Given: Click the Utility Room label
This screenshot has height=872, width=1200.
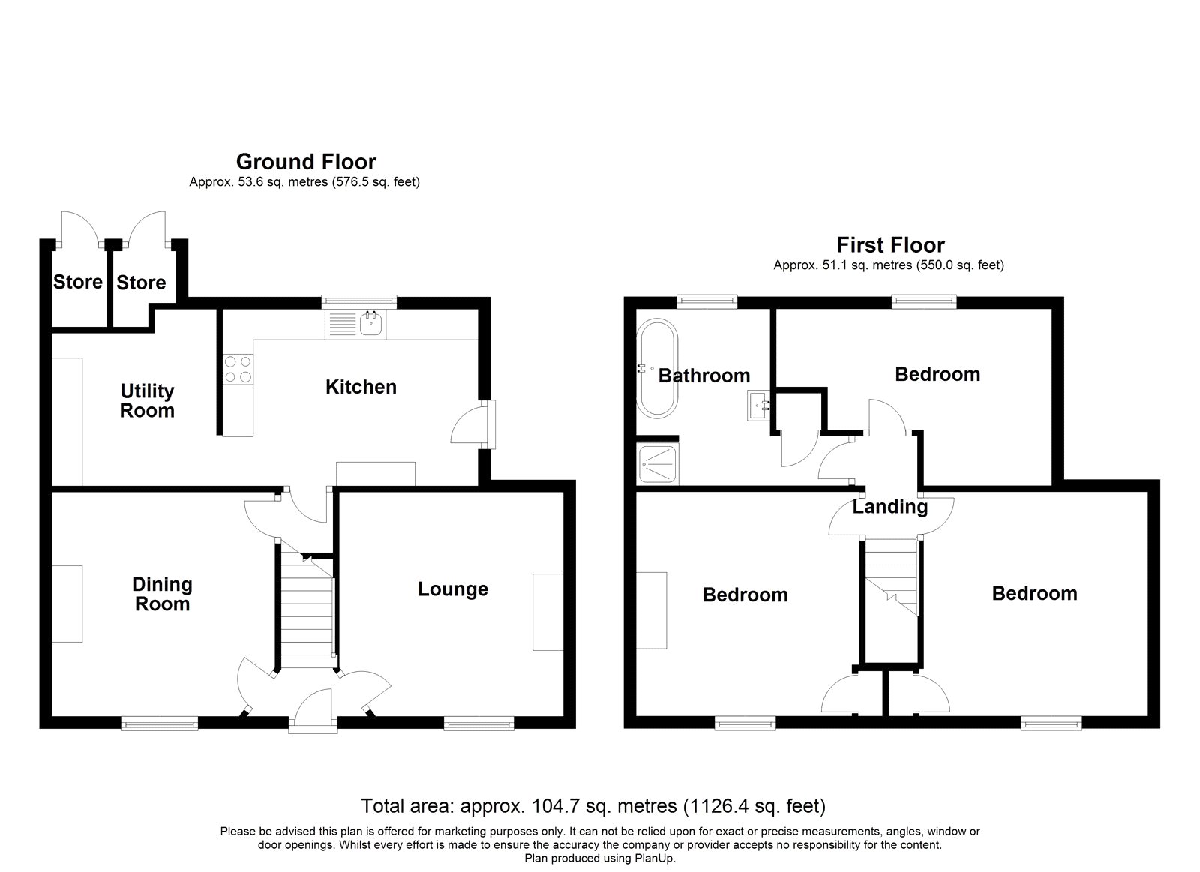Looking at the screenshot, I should (x=147, y=401).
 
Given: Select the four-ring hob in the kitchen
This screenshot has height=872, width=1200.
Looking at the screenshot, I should (x=238, y=369).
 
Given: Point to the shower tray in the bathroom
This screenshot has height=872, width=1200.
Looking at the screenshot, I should (x=658, y=465).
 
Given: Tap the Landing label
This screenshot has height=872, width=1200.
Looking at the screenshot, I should (x=890, y=508).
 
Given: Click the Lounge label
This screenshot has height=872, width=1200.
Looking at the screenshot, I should (x=453, y=589).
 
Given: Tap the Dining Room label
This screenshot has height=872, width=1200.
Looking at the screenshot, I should (x=162, y=595).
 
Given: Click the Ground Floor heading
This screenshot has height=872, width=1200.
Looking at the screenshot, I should (x=306, y=162).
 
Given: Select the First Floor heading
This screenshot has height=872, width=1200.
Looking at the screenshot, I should (x=890, y=245).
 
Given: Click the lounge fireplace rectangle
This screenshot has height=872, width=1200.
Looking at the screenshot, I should (x=547, y=612).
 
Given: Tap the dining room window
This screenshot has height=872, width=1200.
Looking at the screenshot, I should (x=160, y=724).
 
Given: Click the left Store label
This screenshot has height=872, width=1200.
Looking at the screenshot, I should (x=78, y=283).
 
